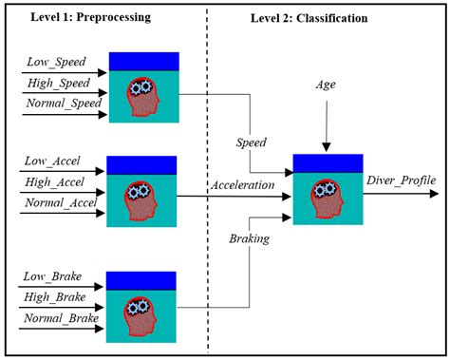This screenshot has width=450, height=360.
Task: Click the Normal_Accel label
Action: click(60, 200)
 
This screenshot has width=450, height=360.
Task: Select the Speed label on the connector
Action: click(253, 142)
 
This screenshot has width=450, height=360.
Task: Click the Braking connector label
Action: click(251, 239)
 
